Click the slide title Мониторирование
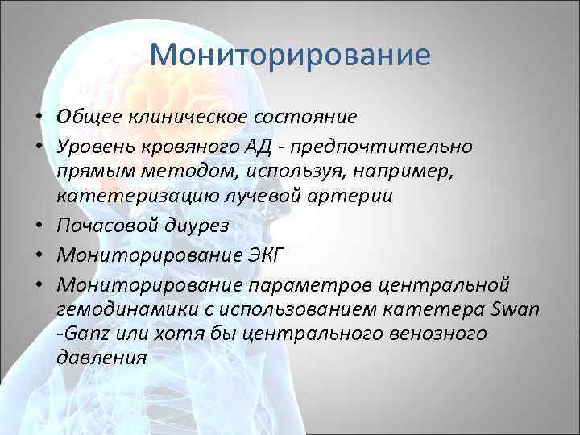pyautogui.click(x=290, y=56)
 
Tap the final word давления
pyautogui.click(x=101, y=358)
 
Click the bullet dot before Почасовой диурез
pyautogui.click(x=39, y=227)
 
